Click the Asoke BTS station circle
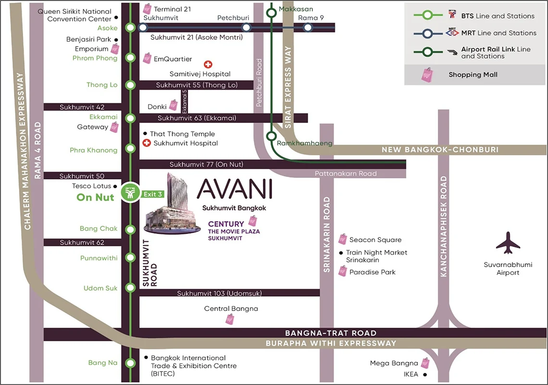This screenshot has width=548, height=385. (x=130, y=28)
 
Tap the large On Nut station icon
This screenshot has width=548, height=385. (x=130, y=193)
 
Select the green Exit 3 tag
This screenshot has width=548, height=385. (x=153, y=194)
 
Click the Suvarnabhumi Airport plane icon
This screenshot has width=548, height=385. (x=508, y=243)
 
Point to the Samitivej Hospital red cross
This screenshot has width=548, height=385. (x=208, y=64)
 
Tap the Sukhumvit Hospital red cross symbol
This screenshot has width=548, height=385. (x=147, y=143)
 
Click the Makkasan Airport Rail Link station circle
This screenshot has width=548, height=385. (x=272, y=13)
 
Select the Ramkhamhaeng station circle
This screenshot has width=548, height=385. (x=272, y=136)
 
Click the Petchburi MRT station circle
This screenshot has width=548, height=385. (x=246, y=28)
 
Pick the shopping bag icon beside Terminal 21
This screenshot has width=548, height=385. (x=147, y=9)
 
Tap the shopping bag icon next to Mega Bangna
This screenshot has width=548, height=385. (x=425, y=363)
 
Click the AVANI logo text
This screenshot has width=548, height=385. (x=235, y=189)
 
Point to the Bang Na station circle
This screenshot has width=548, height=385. (x=130, y=363)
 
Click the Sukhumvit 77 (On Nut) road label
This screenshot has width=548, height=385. (x=206, y=164)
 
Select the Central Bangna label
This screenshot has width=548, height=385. (x=231, y=309)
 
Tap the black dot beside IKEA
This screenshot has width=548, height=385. (x=425, y=374)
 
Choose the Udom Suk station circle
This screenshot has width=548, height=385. (x=130, y=288)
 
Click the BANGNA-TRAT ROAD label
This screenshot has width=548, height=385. (x=331, y=333)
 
